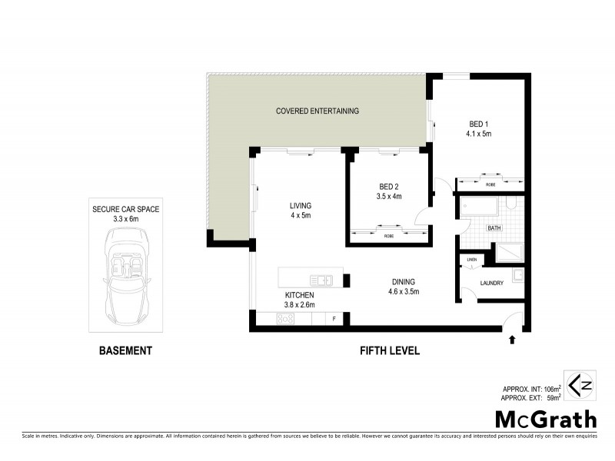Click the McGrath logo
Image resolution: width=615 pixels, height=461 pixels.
(546, 419)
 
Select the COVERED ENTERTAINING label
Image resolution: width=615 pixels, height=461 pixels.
(317, 111)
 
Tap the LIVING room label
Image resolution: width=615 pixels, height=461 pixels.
(300, 205)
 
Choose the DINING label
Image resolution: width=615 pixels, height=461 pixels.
(402, 281)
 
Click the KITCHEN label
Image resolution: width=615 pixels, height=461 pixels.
(299, 295)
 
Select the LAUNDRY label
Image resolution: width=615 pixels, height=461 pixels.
(491, 283)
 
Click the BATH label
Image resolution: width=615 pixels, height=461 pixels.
(496, 228)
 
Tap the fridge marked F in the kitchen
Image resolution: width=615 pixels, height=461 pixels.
(334, 318)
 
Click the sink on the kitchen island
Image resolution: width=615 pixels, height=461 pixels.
(321, 279)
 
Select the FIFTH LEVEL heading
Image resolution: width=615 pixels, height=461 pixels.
(390, 351)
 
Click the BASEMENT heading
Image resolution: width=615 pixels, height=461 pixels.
(125, 351)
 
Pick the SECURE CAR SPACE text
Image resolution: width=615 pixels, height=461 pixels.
(126, 208)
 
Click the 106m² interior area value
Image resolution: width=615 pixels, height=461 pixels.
(551, 389)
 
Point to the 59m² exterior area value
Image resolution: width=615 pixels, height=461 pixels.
(553, 399)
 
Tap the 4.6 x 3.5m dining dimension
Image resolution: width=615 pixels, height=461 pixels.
(402, 292)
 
